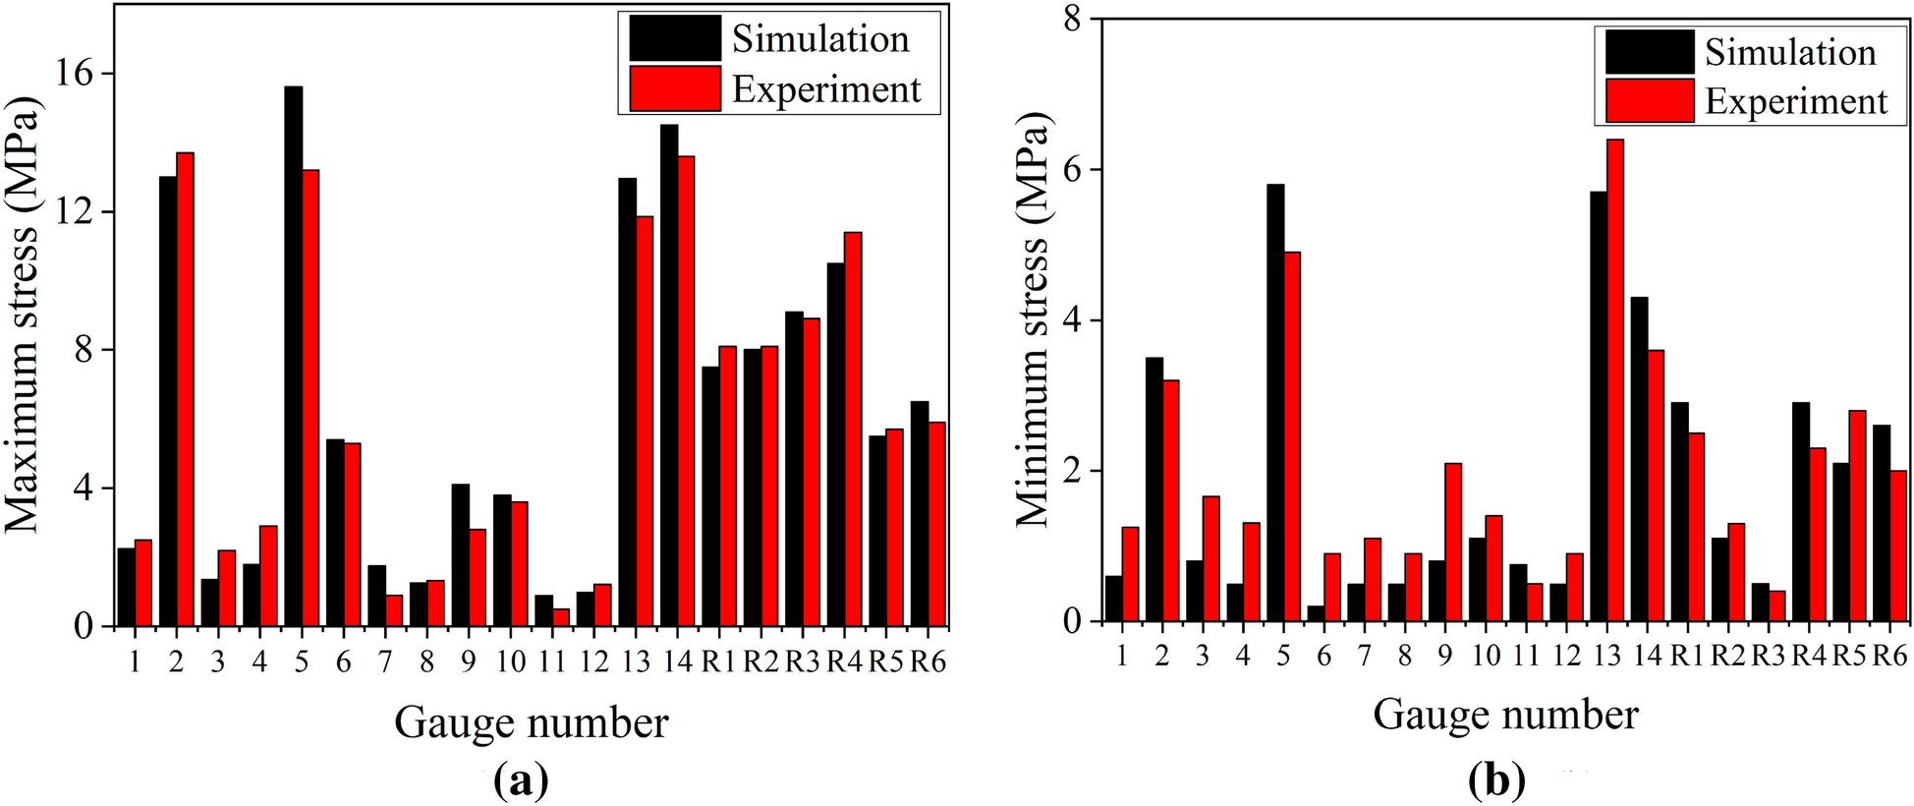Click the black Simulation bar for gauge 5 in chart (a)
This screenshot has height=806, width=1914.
pyautogui.click(x=293, y=356)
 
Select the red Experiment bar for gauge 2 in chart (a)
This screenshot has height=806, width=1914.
pyautogui.click(x=185, y=389)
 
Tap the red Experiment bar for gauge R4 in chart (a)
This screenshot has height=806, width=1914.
pyautogui.click(x=853, y=430)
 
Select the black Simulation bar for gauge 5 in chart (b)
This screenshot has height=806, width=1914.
pyautogui.click(x=1275, y=403)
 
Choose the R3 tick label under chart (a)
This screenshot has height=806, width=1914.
pyautogui.click(x=802, y=662)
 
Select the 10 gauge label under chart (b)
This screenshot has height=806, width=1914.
pyautogui.click(x=1485, y=655)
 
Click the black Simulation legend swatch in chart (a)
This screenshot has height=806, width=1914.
pyautogui.click(x=675, y=38)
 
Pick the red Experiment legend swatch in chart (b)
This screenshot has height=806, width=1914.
pyautogui.click(x=1650, y=101)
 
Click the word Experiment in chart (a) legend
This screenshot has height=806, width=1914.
pyautogui.click(x=826, y=89)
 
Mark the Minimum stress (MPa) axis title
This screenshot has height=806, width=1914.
pyautogui.click(x=1033, y=319)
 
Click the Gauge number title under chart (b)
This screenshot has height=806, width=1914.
pyautogui.click(x=1505, y=715)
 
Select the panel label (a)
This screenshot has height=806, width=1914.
pyautogui.click(x=522, y=781)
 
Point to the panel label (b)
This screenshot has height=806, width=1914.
pyautogui.click(x=1496, y=781)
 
